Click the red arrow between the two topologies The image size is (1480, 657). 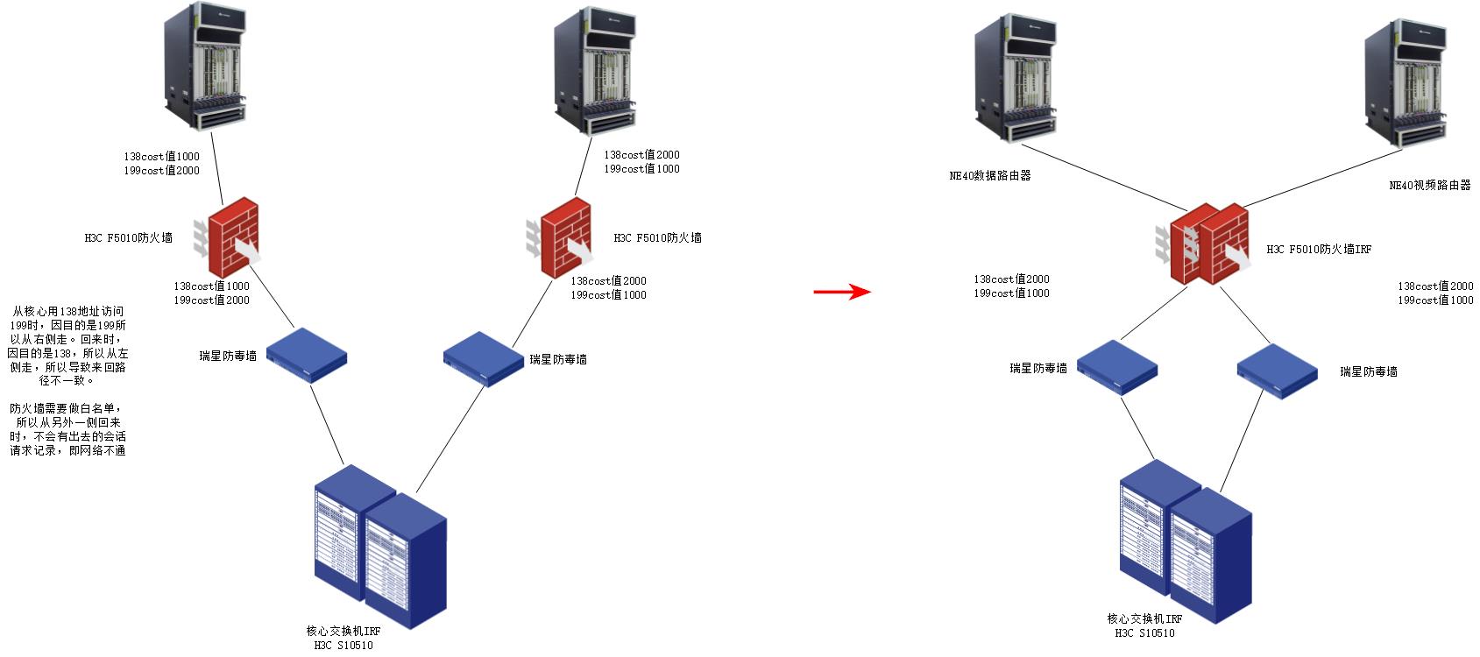[x=842, y=292]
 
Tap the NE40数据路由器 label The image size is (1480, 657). [x=989, y=175]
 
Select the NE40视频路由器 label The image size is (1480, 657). [x=1429, y=186]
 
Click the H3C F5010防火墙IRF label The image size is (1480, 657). [x=1319, y=250]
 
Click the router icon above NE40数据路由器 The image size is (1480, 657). [x=1013, y=78]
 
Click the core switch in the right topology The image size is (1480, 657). [x=1184, y=540]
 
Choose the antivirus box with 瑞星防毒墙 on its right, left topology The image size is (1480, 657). [x=483, y=357]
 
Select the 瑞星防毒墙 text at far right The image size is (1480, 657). [x=1368, y=371]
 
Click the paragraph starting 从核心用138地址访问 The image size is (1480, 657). [x=67, y=346]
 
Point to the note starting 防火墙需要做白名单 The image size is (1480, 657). [x=67, y=429]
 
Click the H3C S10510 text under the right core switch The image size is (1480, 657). [x=1144, y=632]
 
